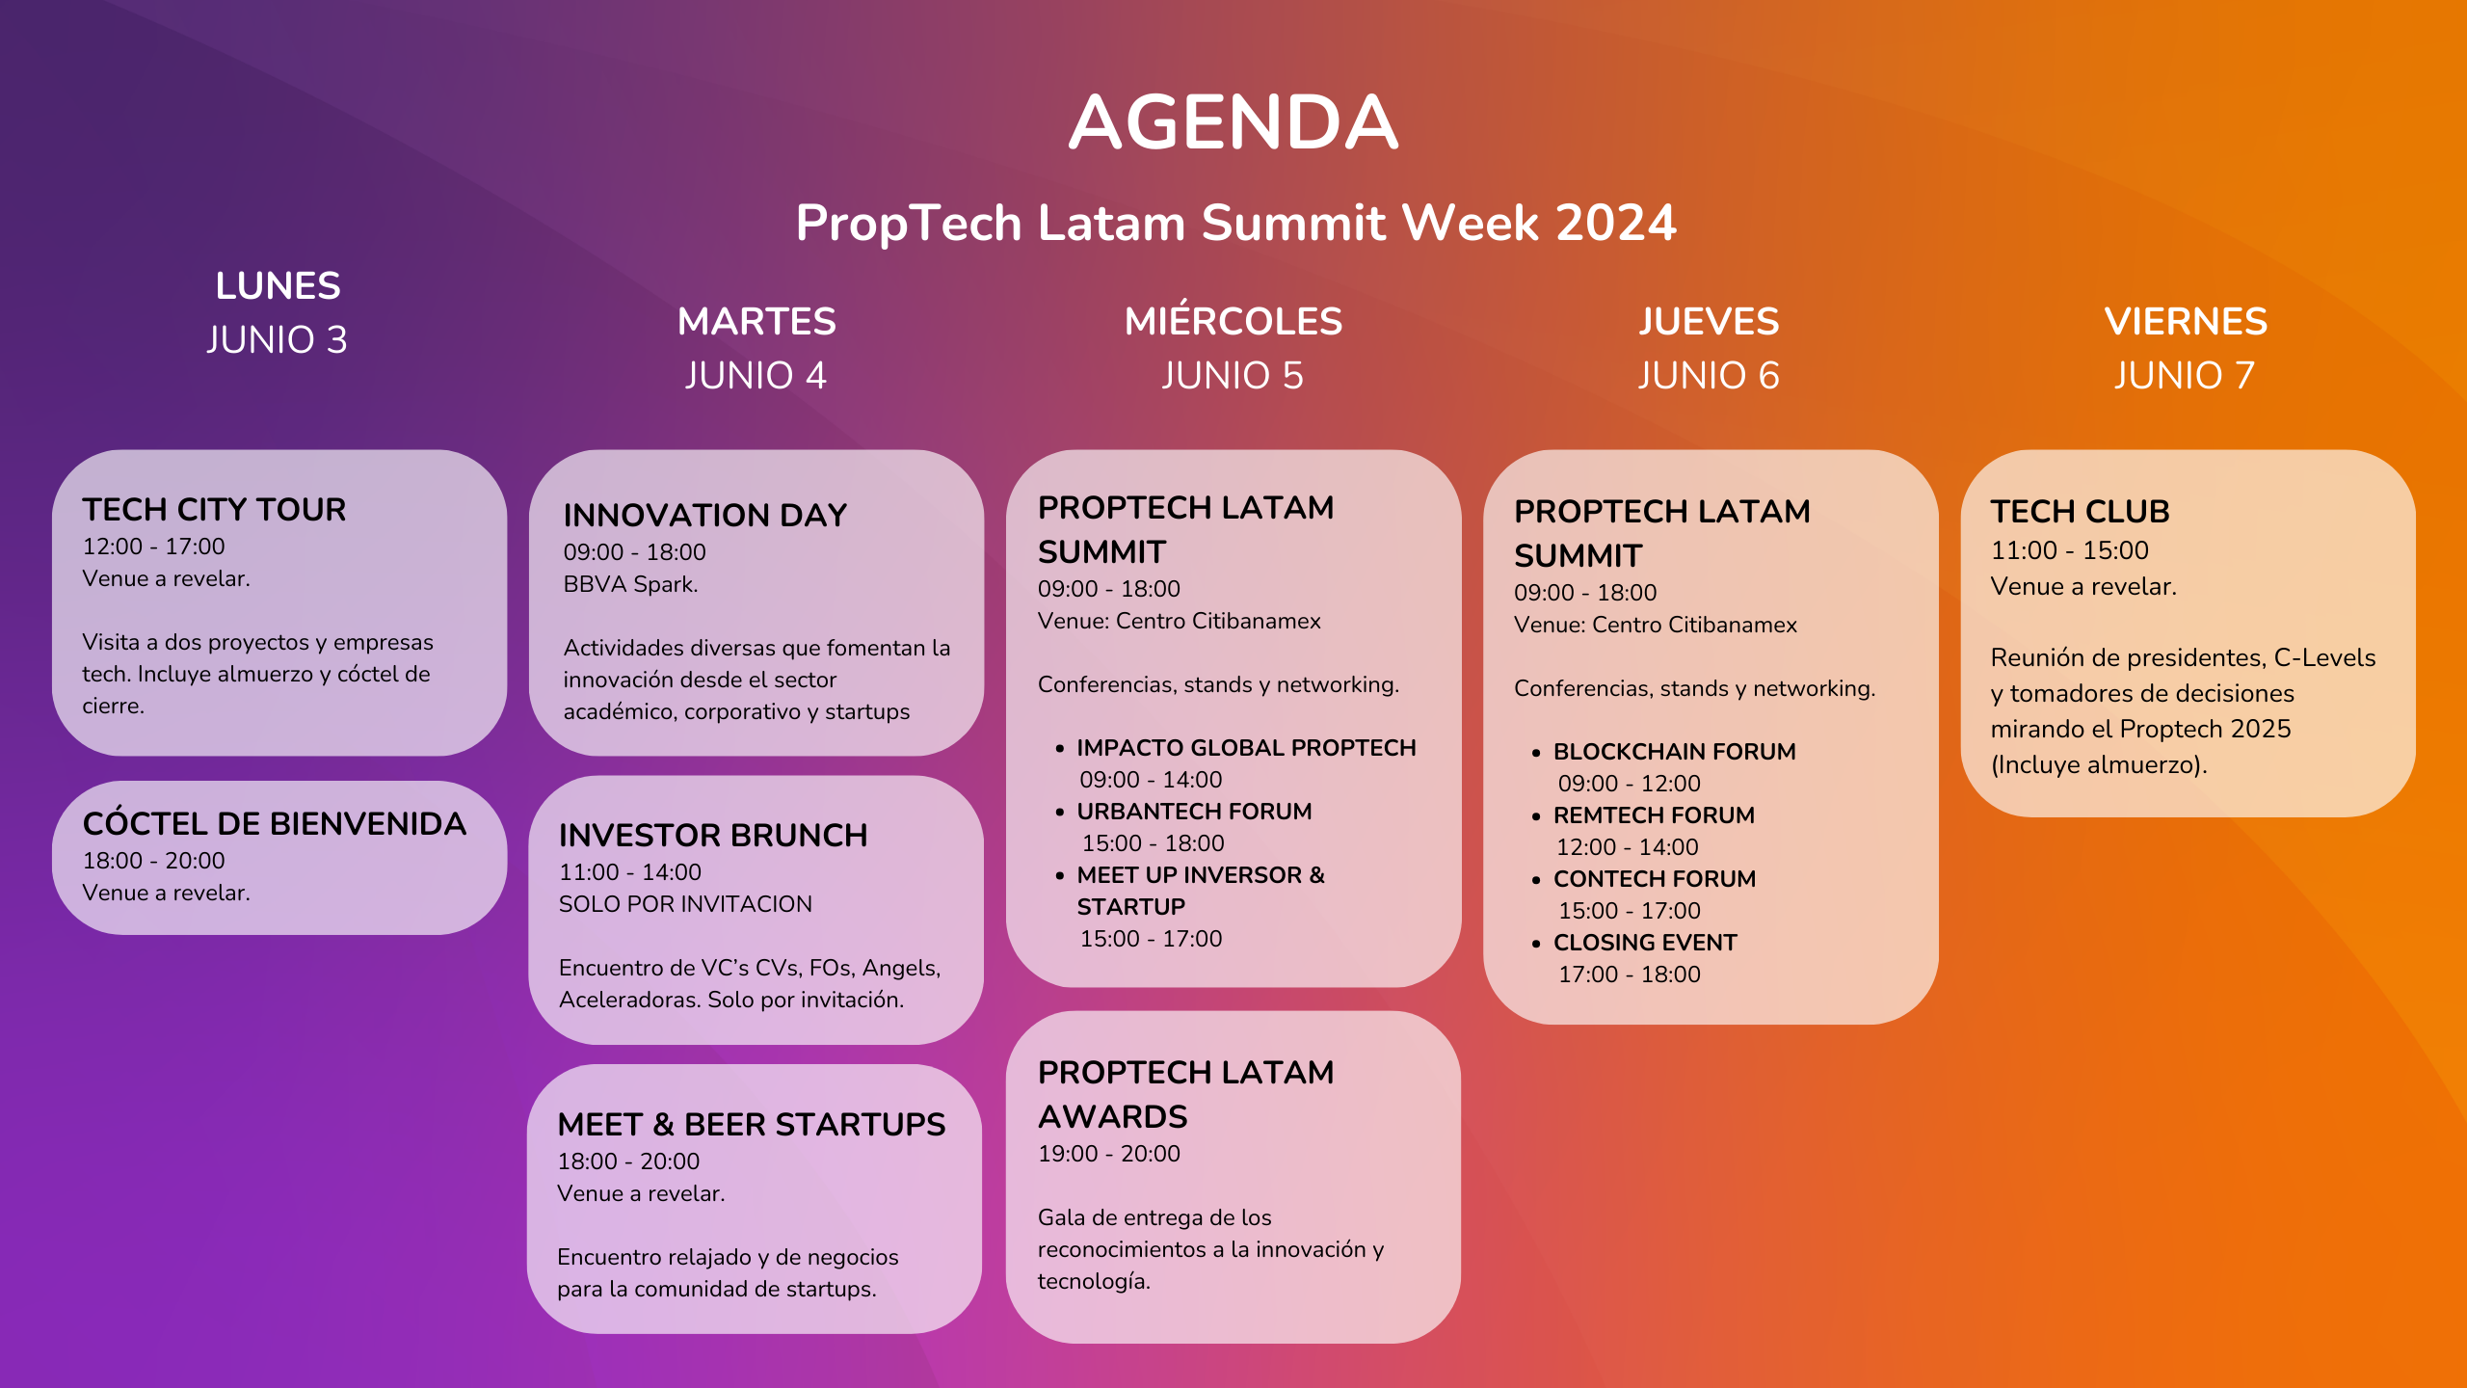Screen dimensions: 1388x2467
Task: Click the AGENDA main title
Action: point(1233,122)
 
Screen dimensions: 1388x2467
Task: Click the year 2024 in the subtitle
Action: point(1615,224)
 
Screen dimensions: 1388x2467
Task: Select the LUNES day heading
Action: point(278,286)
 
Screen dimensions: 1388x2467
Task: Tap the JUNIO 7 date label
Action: point(2185,376)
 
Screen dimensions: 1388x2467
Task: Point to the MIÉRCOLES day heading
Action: point(1233,322)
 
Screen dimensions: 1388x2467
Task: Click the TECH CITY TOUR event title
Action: point(214,510)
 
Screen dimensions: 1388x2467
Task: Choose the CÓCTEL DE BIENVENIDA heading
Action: point(275,824)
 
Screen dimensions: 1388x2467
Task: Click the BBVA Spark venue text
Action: point(630,585)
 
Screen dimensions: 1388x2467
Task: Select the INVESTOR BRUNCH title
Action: point(713,836)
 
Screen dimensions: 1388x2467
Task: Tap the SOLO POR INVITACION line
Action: point(685,904)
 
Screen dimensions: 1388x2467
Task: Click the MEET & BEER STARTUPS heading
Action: point(752,1125)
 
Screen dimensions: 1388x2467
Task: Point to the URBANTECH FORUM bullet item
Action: point(1194,812)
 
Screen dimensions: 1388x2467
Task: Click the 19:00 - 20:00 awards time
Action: point(1108,1154)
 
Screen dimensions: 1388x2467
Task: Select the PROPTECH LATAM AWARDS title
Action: point(1185,1094)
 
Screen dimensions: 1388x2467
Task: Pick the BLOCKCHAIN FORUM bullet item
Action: point(1674,752)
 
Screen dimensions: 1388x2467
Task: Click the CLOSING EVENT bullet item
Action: point(1645,943)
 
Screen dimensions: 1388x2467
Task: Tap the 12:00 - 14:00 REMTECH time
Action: point(1628,847)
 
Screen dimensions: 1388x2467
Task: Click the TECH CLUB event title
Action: point(2080,512)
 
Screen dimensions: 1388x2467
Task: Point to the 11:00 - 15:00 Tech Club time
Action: point(2069,551)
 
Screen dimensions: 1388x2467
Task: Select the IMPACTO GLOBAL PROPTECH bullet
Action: point(1245,748)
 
